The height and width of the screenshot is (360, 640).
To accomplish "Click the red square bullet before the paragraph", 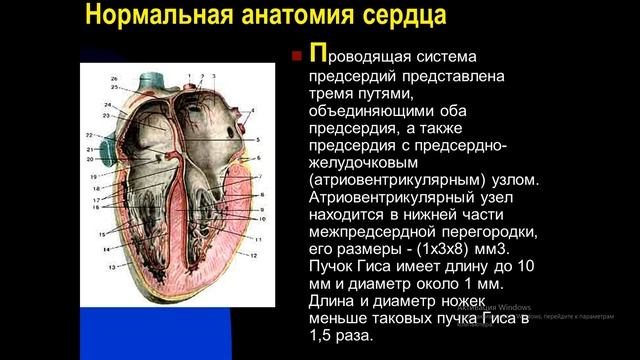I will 296,58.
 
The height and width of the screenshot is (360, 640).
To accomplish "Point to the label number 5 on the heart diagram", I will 258,139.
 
